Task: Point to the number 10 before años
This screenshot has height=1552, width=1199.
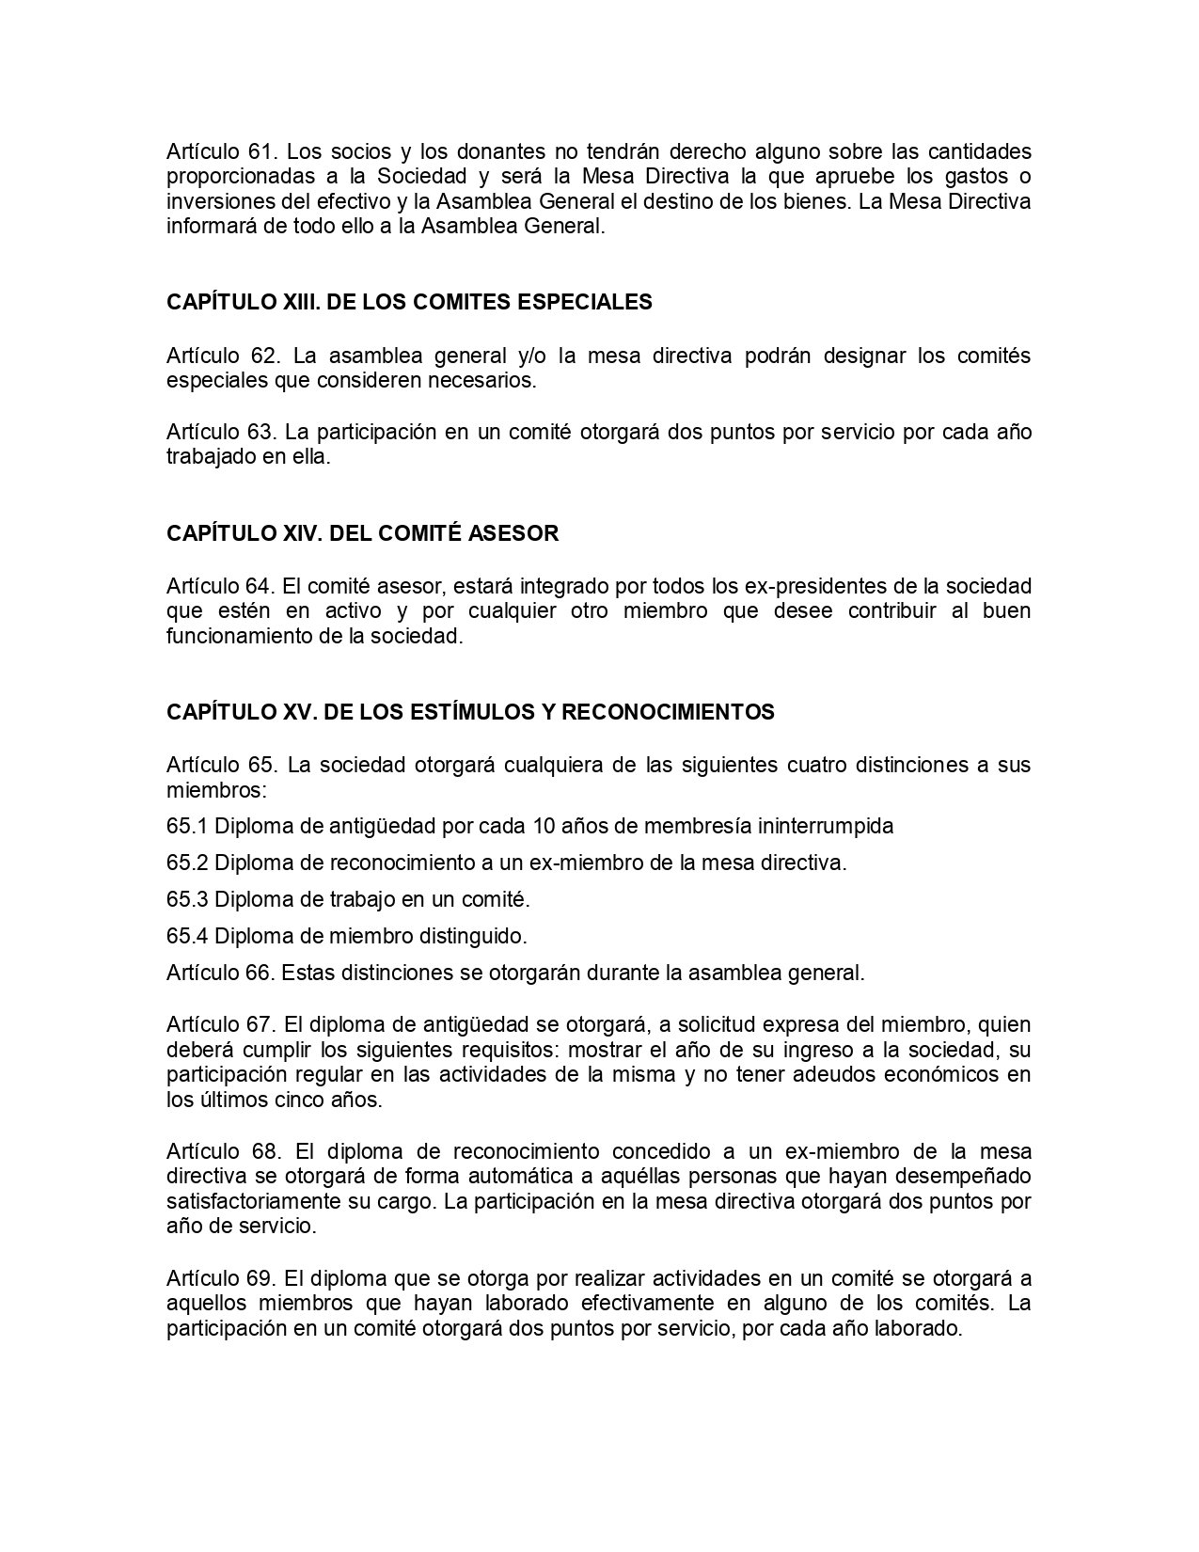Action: tap(544, 827)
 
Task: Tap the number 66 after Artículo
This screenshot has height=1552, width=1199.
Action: tap(260, 973)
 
